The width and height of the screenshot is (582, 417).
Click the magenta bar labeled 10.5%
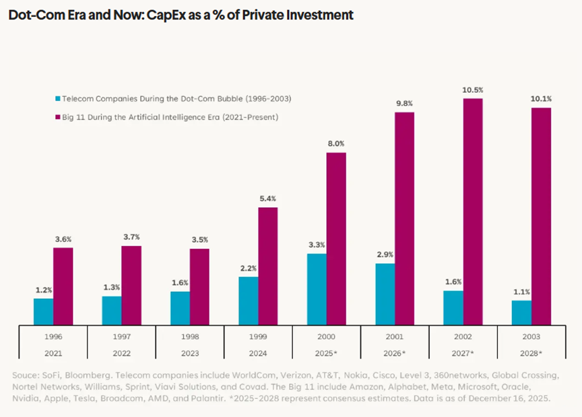[473, 212]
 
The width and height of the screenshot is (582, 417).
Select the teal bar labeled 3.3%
[316, 289]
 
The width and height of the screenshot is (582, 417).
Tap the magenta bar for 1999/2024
[267, 266]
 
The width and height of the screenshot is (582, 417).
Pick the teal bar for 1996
[43, 311]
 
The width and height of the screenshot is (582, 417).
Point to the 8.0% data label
[335, 143]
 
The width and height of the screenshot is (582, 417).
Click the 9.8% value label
[404, 103]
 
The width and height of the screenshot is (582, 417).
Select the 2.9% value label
[385, 254]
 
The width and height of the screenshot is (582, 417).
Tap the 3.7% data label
[131, 237]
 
